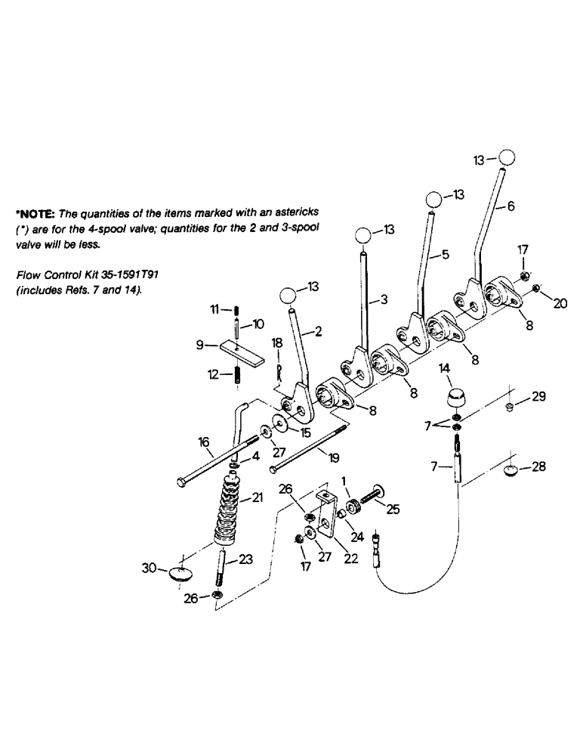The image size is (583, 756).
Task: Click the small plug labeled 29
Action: pyautogui.click(x=510, y=409)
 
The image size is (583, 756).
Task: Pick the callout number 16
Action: pyautogui.click(x=203, y=442)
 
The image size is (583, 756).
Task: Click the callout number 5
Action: pyautogui.click(x=446, y=255)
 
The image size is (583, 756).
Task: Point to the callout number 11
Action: pyautogui.click(x=214, y=309)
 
